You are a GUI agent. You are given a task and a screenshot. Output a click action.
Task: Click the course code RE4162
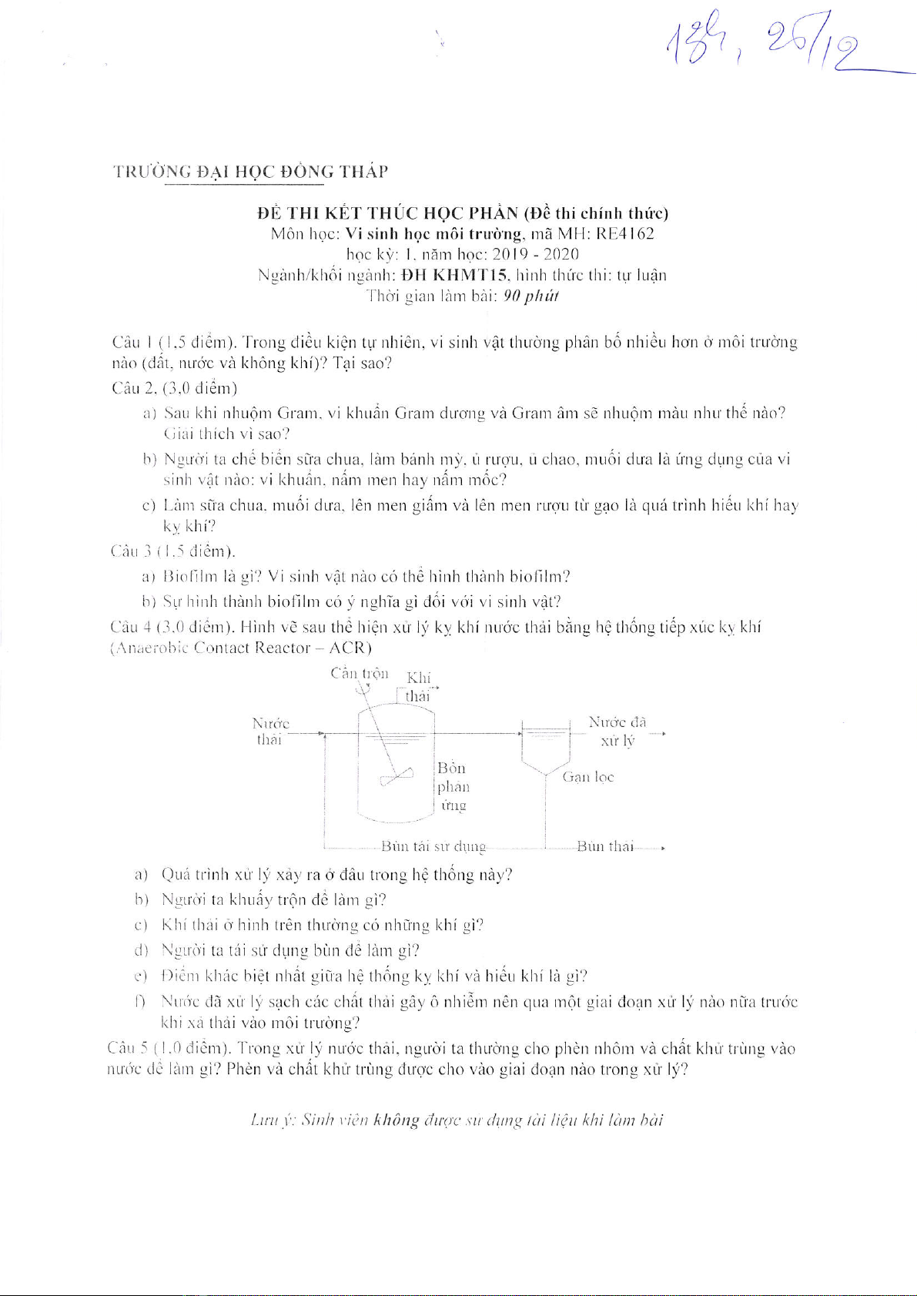[x=625, y=234]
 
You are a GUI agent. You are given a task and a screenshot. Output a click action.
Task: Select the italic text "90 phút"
[x=530, y=296]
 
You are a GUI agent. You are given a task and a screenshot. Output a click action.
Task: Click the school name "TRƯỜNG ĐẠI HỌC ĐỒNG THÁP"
[x=250, y=172]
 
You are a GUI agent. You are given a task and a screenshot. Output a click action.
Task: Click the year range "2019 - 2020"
[x=535, y=254]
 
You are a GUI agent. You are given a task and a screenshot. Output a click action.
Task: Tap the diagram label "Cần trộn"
[x=360, y=674]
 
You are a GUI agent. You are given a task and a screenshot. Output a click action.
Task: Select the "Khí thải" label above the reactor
[x=418, y=687]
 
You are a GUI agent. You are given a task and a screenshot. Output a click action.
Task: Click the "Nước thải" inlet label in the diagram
[x=269, y=732]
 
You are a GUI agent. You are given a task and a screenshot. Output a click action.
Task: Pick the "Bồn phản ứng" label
[x=453, y=786]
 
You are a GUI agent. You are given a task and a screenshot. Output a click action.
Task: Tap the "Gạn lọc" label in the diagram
[x=588, y=777]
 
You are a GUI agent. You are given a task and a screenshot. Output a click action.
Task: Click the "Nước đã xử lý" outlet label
[x=617, y=731]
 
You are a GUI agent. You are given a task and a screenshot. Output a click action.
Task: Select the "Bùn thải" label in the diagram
[x=605, y=847]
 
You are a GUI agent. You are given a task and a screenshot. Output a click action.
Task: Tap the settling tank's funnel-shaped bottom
[x=545, y=763]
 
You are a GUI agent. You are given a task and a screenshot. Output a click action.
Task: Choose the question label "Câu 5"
[x=128, y=1049]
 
